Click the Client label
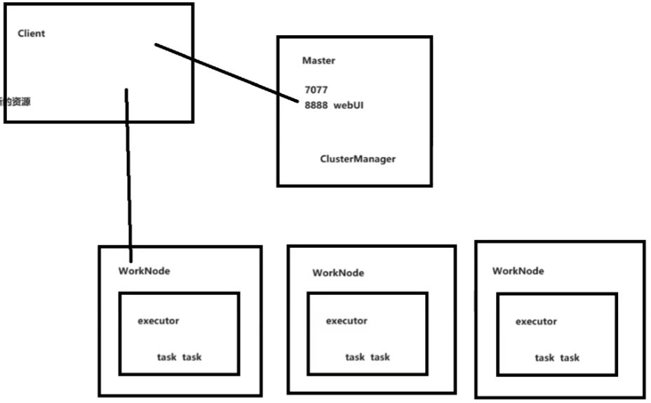(x=32, y=34)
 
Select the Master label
(x=318, y=60)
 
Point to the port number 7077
(x=316, y=91)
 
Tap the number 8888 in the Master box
(x=316, y=105)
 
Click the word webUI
(x=349, y=105)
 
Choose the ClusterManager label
(x=358, y=159)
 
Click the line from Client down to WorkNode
(x=128, y=176)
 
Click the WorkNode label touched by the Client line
(x=144, y=271)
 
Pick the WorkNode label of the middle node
(x=338, y=273)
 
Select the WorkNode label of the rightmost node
(x=518, y=271)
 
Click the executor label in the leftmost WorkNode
(x=159, y=321)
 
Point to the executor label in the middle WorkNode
(x=347, y=321)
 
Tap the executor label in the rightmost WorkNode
(x=537, y=322)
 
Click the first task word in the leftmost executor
(x=167, y=357)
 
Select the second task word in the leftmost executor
(x=192, y=357)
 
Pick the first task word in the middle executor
(x=355, y=357)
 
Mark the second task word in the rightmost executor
(x=570, y=357)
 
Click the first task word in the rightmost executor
(x=545, y=357)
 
